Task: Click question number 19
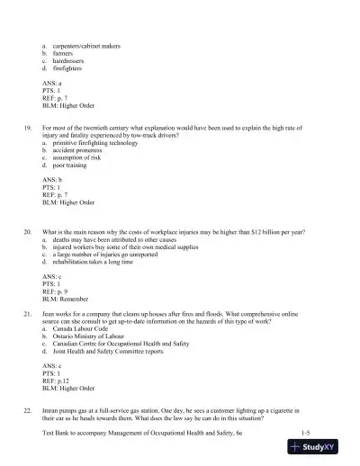(27, 129)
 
